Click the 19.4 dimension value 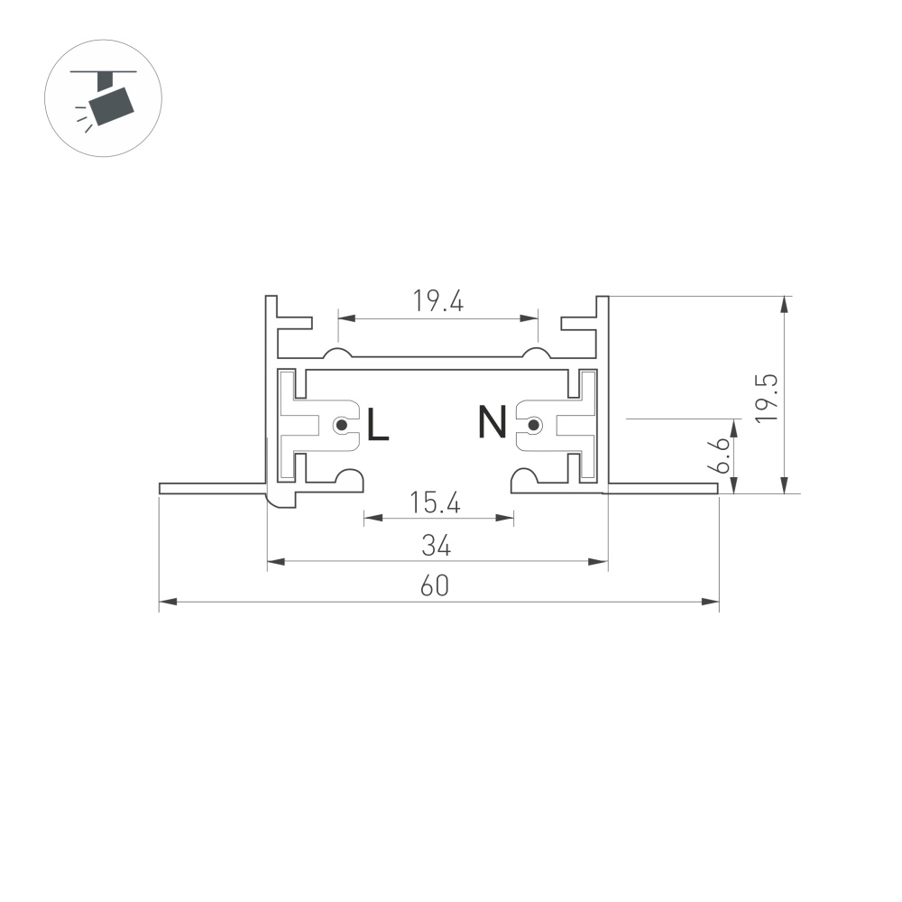point(438,301)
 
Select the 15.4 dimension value point(437,502)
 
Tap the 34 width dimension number point(437,546)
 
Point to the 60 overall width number point(437,586)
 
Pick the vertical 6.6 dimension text point(718,456)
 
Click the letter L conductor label point(378,425)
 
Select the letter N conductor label point(492,423)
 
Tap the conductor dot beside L point(341,425)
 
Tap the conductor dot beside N point(534,425)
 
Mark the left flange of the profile point(213,489)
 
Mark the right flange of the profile point(663,489)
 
